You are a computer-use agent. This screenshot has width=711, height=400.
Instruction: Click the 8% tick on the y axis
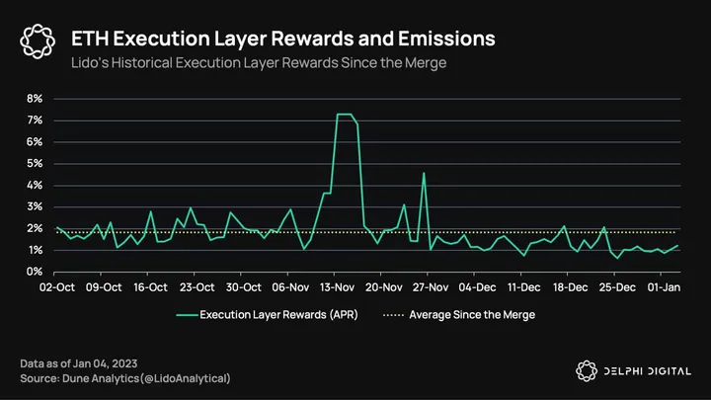pyautogui.click(x=35, y=99)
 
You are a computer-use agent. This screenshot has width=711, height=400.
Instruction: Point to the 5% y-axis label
pyautogui.click(x=35, y=164)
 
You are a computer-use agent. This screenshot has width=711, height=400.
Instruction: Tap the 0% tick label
pyautogui.click(x=35, y=272)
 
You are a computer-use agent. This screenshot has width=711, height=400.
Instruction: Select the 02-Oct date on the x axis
pyautogui.click(x=56, y=288)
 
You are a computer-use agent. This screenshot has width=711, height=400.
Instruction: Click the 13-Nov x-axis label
pyautogui.click(x=338, y=288)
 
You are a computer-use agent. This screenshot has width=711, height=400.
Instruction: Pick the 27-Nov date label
pyautogui.click(x=431, y=288)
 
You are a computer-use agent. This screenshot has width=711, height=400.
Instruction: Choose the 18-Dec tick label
pyautogui.click(x=571, y=288)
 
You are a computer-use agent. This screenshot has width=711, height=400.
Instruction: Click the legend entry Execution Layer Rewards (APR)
pyautogui.click(x=267, y=316)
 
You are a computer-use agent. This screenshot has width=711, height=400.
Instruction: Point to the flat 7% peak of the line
pyautogui.click(x=346, y=115)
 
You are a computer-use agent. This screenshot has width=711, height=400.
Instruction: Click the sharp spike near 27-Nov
pyautogui.click(x=424, y=174)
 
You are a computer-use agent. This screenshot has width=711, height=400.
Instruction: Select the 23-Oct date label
pyautogui.click(x=197, y=288)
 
